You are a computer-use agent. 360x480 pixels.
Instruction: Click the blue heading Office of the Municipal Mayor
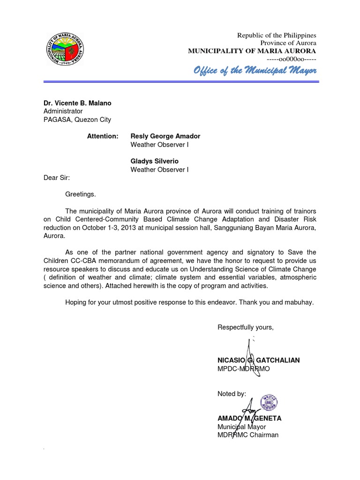(x=255, y=71)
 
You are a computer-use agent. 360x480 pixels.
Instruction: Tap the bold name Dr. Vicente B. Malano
(x=77, y=103)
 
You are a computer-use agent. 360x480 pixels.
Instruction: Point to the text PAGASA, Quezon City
(x=77, y=120)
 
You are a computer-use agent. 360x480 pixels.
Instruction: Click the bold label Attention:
(x=103, y=136)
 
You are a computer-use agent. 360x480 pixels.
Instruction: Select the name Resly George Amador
(x=165, y=136)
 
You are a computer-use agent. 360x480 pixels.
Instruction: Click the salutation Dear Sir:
(x=56, y=178)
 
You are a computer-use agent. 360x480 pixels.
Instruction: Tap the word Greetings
(x=80, y=194)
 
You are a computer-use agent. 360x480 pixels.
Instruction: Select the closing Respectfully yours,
(x=245, y=327)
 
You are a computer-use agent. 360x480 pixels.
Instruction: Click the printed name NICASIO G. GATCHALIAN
(x=258, y=360)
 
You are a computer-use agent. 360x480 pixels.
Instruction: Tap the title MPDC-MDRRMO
(x=243, y=369)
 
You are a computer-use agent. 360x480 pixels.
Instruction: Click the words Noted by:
(x=231, y=394)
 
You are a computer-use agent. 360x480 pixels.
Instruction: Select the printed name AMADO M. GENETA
(x=249, y=418)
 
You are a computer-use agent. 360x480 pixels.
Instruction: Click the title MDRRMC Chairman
(x=247, y=435)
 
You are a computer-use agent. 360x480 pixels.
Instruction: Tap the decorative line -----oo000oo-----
(x=291, y=59)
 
